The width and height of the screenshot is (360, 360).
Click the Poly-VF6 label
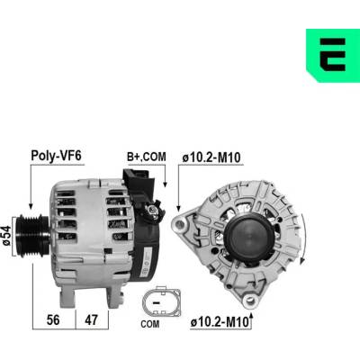tap(57, 156)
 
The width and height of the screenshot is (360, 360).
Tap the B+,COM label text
tap(147, 157)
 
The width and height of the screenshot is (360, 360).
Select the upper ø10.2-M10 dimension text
tap(211, 157)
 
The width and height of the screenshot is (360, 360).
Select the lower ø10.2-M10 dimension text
tap(220, 322)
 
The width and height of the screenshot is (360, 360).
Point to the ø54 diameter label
tap(6, 236)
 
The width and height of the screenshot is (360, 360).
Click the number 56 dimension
tap(53, 320)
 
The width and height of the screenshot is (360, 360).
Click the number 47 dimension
tap(91, 320)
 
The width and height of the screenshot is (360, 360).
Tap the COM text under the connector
tap(150, 324)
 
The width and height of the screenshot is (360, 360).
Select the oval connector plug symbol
tap(161, 302)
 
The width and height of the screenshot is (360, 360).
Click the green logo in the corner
tap(333, 56)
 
